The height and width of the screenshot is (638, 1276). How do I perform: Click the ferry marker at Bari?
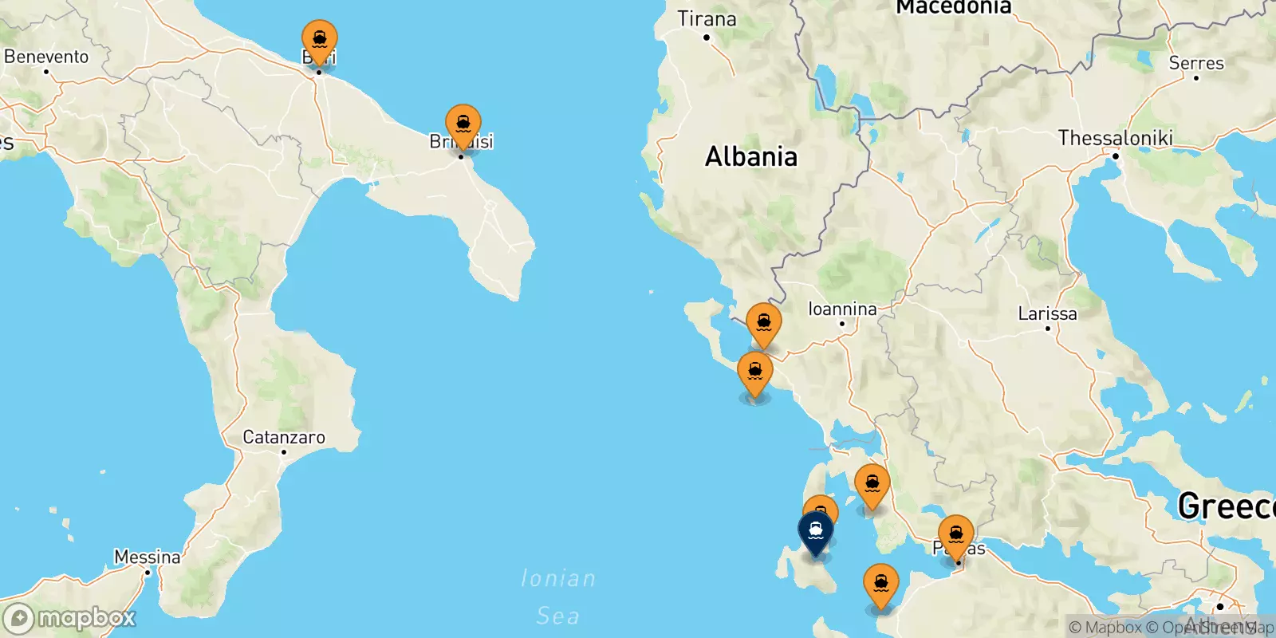click(319, 41)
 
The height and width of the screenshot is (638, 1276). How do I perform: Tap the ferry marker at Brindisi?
click(463, 126)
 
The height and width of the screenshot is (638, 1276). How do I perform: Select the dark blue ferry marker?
click(815, 531)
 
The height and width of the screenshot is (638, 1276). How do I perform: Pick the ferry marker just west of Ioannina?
click(763, 325)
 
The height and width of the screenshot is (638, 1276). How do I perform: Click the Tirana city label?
click(707, 19)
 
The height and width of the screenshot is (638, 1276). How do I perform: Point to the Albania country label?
click(750, 156)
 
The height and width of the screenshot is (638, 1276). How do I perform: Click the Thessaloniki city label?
click(1115, 138)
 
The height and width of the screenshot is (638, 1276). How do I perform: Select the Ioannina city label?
click(842, 309)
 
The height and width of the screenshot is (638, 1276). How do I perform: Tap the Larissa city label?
click(1047, 313)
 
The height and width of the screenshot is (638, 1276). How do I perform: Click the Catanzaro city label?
click(284, 437)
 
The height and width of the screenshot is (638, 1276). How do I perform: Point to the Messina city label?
click(148, 557)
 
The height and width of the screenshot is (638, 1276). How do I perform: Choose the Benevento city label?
click(46, 57)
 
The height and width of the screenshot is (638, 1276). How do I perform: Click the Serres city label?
click(1196, 63)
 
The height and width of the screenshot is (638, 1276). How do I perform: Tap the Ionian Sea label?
click(558, 597)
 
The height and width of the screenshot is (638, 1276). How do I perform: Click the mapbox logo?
click(70, 618)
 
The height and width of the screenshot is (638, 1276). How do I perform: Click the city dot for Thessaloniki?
click(1116, 156)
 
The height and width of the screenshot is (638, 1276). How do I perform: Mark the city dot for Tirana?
click(707, 37)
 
